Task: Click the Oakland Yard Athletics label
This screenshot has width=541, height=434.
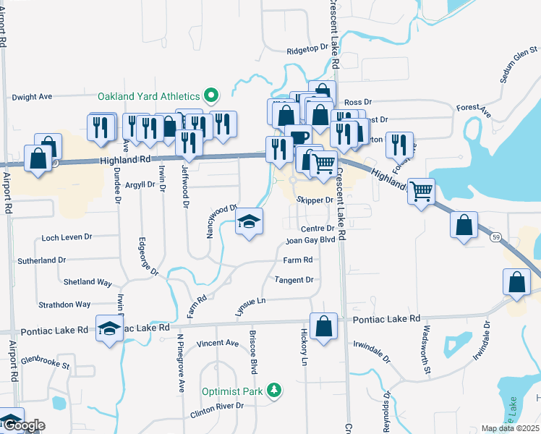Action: click(x=148, y=96)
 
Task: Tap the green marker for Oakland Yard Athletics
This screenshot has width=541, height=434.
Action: click(x=211, y=95)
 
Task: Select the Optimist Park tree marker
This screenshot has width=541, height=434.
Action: click(x=274, y=391)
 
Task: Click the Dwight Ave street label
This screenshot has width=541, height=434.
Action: click(x=33, y=96)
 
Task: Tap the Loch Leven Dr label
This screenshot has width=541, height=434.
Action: click(x=67, y=237)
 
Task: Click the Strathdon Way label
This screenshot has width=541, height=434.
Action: click(x=67, y=305)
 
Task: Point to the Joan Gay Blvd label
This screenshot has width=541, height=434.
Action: click(x=311, y=240)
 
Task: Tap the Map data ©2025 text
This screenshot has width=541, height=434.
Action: click(x=511, y=428)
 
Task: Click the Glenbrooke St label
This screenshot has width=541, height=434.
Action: click(x=45, y=359)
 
